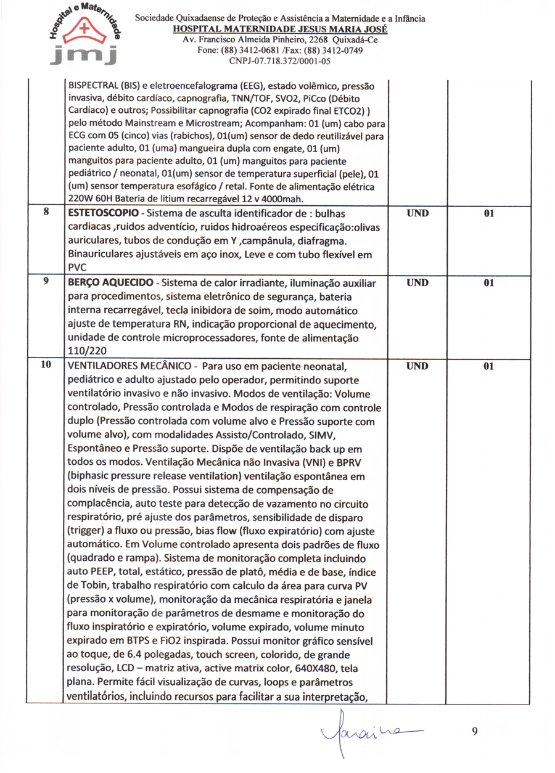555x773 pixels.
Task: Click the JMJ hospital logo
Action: click(x=84, y=36)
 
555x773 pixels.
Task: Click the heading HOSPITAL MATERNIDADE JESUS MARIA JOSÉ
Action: click(x=280, y=30)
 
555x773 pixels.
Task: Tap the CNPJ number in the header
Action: click(x=280, y=60)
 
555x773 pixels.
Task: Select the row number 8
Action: click(x=46, y=213)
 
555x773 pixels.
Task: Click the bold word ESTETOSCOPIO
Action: click(x=102, y=214)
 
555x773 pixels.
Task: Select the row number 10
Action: click(x=46, y=365)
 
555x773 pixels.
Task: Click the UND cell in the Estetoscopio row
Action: click(x=417, y=214)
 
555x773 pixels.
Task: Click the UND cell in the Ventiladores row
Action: click(x=417, y=366)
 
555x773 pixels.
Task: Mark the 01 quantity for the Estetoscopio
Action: click(x=488, y=214)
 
